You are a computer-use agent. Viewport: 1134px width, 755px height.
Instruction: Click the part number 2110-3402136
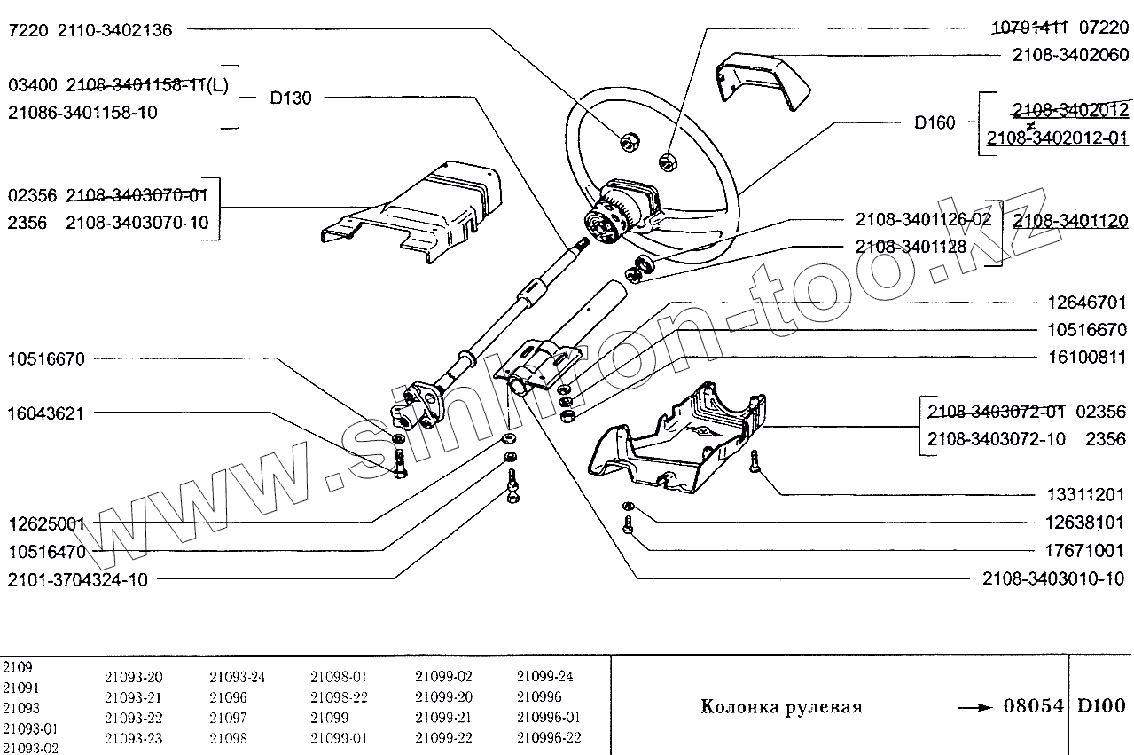tap(114, 30)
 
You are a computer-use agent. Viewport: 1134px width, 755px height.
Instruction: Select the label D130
tap(290, 98)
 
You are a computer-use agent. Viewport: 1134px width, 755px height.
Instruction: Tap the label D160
tap(935, 122)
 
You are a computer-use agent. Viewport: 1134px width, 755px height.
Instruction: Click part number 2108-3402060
tap(1070, 55)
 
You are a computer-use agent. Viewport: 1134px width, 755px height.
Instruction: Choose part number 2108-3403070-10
tap(137, 222)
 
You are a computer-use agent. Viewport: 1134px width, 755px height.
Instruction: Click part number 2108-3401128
tap(911, 247)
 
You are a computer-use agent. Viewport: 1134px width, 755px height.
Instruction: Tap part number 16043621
tap(46, 413)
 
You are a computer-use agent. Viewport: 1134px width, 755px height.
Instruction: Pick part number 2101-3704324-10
tap(77, 579)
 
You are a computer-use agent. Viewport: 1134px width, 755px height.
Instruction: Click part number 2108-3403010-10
tap(1053, 579)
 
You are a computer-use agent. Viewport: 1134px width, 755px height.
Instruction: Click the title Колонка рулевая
tap(781, 707)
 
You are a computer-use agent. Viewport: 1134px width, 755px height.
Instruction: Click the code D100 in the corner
tap(1102, 706)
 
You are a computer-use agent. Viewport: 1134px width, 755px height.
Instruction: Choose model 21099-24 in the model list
tap(544, 676)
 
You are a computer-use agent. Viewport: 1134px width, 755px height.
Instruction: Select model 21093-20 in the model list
tap(133, 676)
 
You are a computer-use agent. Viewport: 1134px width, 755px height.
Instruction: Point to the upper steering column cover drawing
tap(417, 208)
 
